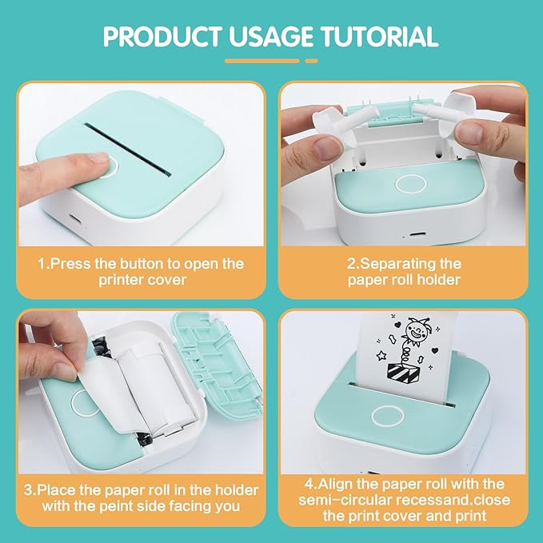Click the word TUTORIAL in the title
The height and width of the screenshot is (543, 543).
(380, 36)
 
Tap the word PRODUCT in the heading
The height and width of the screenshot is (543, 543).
(162, 36)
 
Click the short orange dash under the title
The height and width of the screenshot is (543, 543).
(311, 61)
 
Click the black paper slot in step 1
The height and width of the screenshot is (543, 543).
(128, 149)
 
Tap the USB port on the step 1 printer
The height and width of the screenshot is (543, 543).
(74, 219)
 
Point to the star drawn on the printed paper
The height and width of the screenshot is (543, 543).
(381, 355)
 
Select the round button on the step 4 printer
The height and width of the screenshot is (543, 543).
(388, 416)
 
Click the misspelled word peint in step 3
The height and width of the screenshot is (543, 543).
(117, 506)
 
